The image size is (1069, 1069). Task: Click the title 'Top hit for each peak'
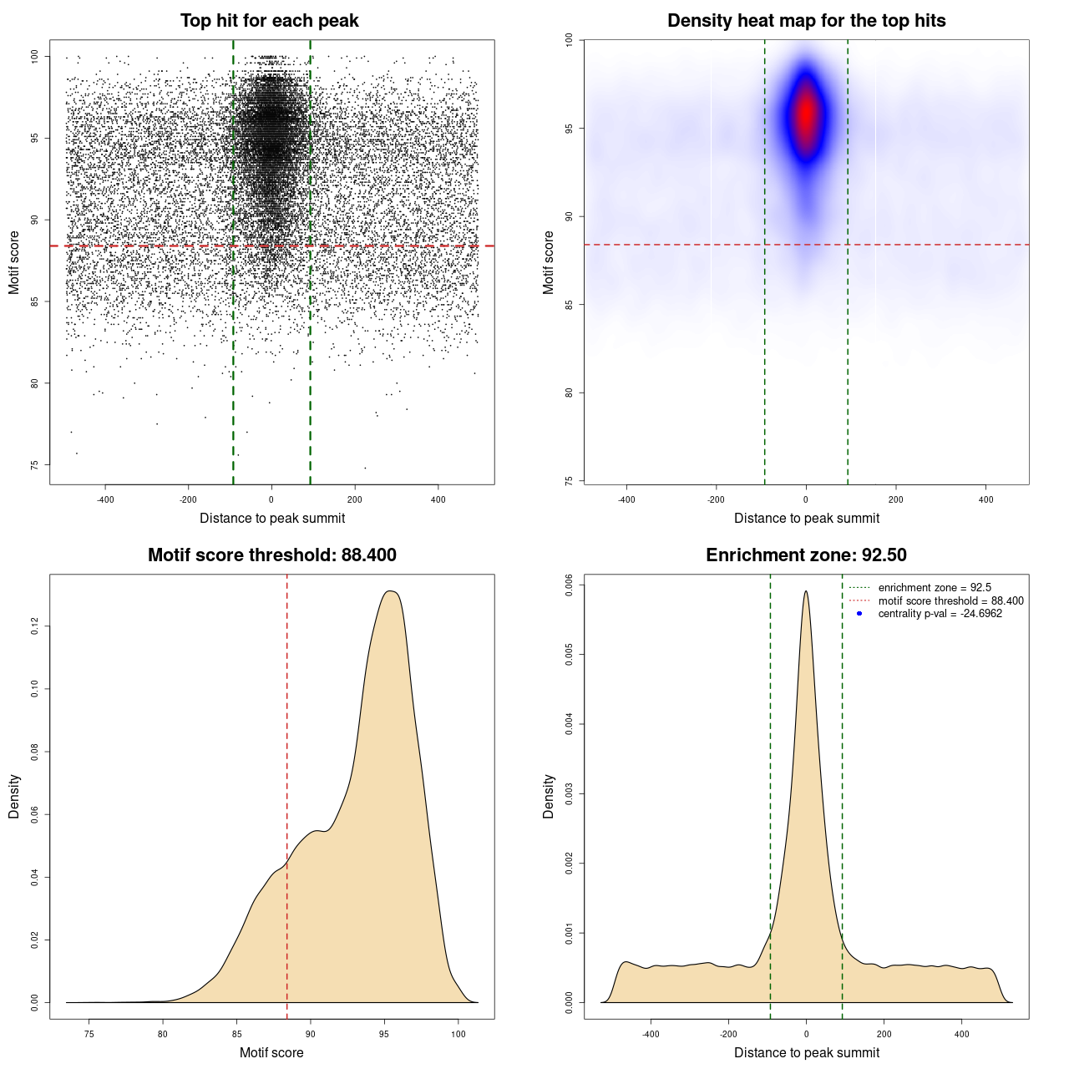(269, 21)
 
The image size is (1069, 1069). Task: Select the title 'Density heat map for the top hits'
(806, 21)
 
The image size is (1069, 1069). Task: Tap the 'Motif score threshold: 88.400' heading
(271, 555)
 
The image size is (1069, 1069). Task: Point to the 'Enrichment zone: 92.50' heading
(806, 555)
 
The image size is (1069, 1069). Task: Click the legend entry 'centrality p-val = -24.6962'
(940, 614)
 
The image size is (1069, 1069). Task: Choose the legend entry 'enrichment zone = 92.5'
(935, 588)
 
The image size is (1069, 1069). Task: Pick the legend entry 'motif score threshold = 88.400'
(950, 600)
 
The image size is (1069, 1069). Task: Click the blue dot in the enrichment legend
(859, 614)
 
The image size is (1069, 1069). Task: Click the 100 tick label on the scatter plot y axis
(35, 57)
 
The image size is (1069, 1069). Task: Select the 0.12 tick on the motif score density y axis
(35, 626)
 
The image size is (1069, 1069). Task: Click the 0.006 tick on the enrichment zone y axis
(570, 585)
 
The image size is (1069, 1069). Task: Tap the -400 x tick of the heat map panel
(626, 500)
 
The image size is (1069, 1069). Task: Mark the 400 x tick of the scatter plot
(438, 500)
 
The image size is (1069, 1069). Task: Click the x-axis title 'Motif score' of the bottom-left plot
(271, 1052)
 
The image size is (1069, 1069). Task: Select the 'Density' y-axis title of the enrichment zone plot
(549, 796)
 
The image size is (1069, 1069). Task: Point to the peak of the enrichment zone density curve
(806, 591)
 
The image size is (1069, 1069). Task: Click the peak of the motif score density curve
(390, 591)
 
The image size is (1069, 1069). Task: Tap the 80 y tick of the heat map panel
(570, 393)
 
